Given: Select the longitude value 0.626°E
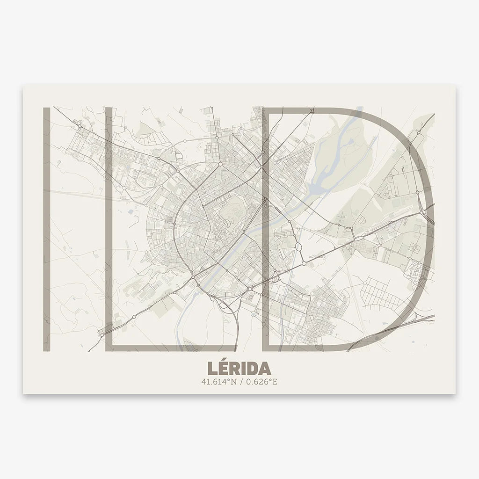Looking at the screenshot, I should click(x=261, y=382).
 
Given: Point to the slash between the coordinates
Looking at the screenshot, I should click(x=240, y=382).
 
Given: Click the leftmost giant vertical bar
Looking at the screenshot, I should click(x=47, y=229).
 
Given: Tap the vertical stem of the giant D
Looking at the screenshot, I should click(x=266, y=229).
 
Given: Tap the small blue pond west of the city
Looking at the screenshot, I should click(x=130, y=211).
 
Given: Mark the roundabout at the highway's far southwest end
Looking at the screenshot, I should click(x=102, y=334).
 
